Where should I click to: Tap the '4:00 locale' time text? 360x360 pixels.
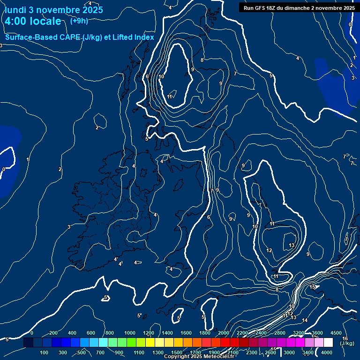tap(33, 21)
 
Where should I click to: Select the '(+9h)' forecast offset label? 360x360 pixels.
tap(79, 21)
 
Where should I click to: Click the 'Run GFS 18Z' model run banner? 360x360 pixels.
tap(299, 8)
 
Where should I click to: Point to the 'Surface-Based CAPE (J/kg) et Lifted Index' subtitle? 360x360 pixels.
tap(80, 37)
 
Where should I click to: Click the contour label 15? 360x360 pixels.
tap(313, 287)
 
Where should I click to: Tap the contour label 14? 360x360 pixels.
tap(305, 320)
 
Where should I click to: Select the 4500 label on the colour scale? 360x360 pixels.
tap(336, 333)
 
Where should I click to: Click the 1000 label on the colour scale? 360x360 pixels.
tap(130, 333)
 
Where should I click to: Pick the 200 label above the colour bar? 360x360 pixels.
tap(53, 333)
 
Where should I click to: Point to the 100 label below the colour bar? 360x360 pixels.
tap(44, 352)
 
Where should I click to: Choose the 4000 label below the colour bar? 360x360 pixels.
tap(327, 352)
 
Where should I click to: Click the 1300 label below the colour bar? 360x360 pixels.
tap(158, 352)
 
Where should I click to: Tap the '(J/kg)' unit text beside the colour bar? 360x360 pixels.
tap(347, 344)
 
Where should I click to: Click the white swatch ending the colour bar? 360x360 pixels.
tap(328, 343)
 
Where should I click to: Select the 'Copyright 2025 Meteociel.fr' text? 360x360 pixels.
tap(199, 357)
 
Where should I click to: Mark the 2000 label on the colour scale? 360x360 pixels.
tap(224, 333)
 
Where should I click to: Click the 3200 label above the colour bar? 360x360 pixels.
tap(299, 333)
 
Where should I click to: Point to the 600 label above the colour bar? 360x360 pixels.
tap(91, 333)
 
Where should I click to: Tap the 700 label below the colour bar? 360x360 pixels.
tap(100, 352)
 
